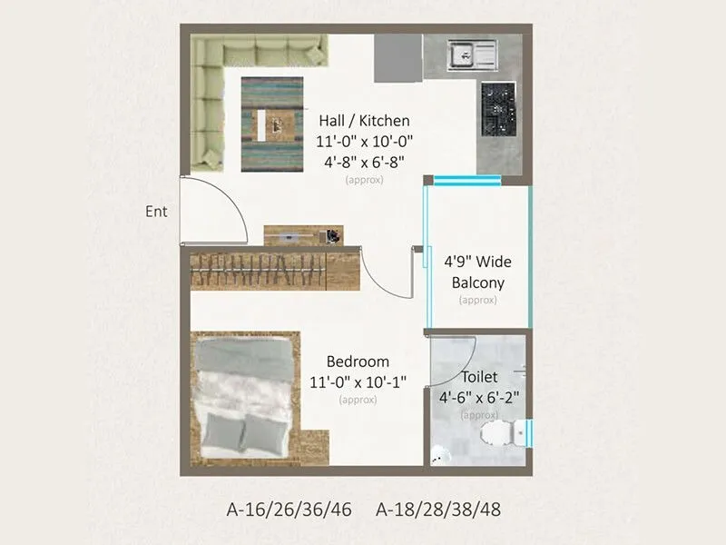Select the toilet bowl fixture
[x=499, y=433]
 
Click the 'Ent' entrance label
[x=156, y=212]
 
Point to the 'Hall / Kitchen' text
[x=364, y=121]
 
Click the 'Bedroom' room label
[x=358, y=362]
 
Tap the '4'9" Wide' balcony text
[x=477, y=262]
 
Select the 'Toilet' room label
[x=479, y=377]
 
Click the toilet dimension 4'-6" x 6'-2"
[x=479, y=397]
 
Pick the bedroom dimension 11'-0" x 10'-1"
[x=358, y=381]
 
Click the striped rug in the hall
[x=271, y=124]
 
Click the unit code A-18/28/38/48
[x=438, y=509]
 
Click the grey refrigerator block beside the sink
[x=397, y=59]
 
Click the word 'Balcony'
[x=477, y=282]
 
